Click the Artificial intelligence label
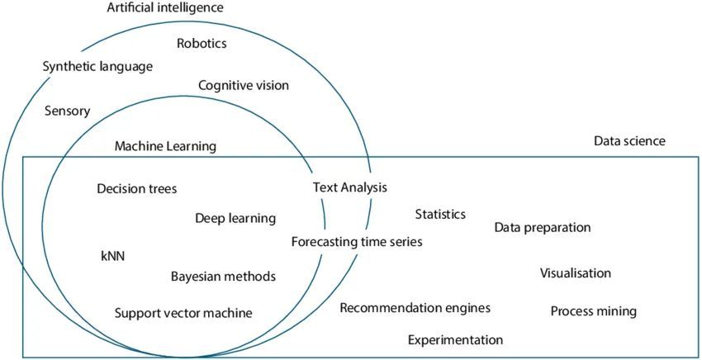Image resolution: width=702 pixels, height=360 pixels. tap(165, 8)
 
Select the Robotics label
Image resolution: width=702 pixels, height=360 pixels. tap(202, 43)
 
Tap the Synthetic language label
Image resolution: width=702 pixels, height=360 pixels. tap(97, 66)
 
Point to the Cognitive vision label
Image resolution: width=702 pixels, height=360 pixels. tap(244, 84)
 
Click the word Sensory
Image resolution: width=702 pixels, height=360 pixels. tap(67, 110)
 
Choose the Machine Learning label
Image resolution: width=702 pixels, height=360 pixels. tap(165, 146)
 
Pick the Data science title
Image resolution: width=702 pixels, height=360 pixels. tap(629, 141)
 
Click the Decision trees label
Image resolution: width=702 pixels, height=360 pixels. tap(136, 188)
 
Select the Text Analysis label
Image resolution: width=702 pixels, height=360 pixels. tap(349, 187)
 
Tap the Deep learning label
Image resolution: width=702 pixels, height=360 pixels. tap(235, 218)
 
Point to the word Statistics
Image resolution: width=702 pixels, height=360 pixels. tap(440, 214)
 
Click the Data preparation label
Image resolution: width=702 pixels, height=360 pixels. tap(543, 227)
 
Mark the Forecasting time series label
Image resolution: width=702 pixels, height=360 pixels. tap(357, 242)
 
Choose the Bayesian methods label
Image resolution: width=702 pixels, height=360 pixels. tap(223, 276)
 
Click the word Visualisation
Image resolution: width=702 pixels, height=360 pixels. tap(576, 273)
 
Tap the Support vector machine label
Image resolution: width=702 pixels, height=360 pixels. tap(183, 313)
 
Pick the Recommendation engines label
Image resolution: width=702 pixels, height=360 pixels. tap(415, 308)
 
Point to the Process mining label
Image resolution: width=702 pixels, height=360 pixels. tap(594, 311)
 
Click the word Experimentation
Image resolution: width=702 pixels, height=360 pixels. tap(455, 339)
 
